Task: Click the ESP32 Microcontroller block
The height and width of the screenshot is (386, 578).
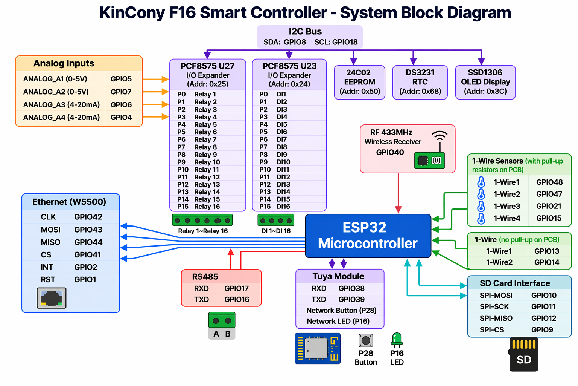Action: coord(368,236)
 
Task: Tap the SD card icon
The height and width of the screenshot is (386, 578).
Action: coord(523,354)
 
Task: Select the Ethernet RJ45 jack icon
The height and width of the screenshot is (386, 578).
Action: coord(52,298)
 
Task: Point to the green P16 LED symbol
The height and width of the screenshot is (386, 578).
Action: coord(397,340)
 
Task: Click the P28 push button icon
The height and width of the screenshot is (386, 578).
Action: coord(366,340)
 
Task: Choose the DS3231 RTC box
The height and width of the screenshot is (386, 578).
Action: coord(420,82)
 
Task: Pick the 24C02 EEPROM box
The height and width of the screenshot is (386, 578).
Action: coord(360,82)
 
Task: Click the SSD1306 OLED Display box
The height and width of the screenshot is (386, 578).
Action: coord(485,82)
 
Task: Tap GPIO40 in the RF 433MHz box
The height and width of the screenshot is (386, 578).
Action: coord(390,152)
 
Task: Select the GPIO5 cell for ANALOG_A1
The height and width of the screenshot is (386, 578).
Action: coord(121,79)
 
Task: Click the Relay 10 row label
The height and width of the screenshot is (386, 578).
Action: coord(207,162)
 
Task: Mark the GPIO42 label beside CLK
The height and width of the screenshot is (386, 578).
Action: coord(88,217)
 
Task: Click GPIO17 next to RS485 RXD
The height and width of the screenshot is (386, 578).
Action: coord(236,288)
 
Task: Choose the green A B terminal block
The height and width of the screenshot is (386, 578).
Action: coord(222,326)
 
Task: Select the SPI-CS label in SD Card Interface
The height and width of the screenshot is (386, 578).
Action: coord(492,329)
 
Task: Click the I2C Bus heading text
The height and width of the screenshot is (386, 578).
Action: coord(305,32)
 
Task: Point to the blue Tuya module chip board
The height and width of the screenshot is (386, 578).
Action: coord(318,349)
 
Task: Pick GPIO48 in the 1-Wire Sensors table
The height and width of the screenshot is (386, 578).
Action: coord(549,182)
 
